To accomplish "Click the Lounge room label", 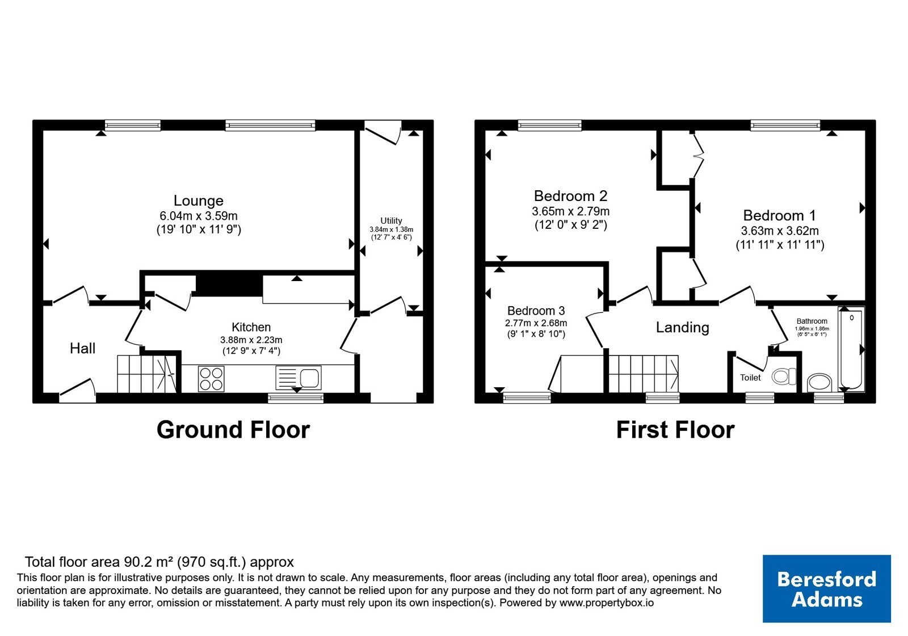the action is click(199, 200).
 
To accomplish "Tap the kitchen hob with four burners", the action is click(211, 378).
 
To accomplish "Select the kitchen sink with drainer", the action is click(299, 378).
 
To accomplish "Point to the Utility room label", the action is click(391, 221).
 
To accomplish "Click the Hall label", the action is click(83, 348).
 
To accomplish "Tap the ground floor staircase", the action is click(147, 374).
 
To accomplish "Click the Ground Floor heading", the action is click(233, 429).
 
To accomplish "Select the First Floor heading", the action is click(675, 429).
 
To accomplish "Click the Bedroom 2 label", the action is click(571, 196).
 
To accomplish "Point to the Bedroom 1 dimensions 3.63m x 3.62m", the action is click(780, 231).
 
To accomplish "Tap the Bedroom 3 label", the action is click(536, 311).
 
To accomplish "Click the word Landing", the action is click(683, 327).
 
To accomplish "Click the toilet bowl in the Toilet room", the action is click(784, 376).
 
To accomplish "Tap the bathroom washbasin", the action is click(819, 383).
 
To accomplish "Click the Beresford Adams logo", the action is click(826, 588).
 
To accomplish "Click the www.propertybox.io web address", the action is click(607, 602).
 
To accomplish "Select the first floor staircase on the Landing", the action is click(644, 374).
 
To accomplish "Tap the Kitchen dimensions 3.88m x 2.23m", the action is click(251, 340).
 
